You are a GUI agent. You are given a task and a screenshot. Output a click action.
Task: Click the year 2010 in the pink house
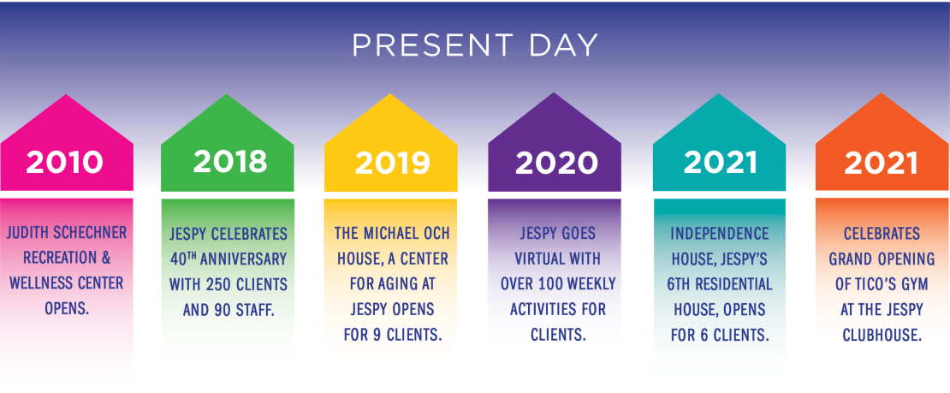coord(65,163)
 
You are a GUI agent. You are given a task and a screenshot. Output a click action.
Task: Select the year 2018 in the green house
coord(229,161)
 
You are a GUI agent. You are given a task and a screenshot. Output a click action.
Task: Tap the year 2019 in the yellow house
coord(393,163)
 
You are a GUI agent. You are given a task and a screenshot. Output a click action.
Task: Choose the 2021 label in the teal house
coord(721,163)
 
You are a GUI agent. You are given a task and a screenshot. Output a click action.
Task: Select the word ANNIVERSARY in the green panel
coord(245,259)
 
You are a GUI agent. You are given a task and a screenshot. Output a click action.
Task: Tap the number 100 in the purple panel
coord(557,283)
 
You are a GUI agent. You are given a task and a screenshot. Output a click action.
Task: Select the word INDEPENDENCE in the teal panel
coord(720,234)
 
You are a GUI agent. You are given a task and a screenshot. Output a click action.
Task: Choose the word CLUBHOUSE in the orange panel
coord(882,334)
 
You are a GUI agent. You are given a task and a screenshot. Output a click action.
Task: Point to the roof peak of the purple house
coord(555,93)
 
